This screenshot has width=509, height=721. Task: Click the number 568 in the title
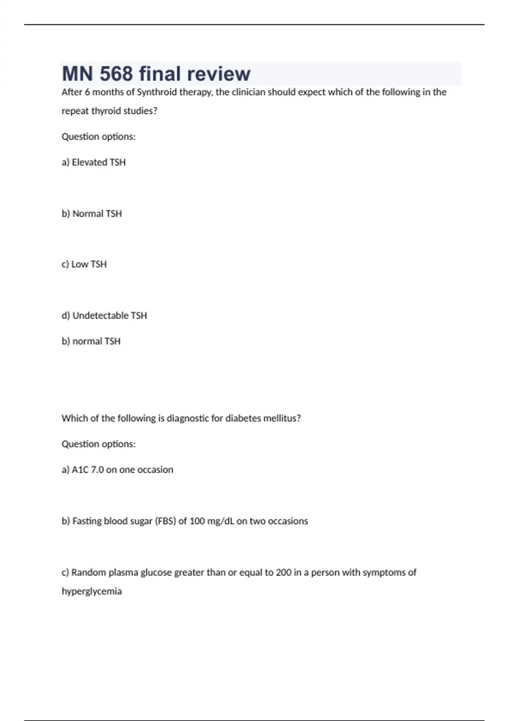pyautogui.click(x=116, y=74)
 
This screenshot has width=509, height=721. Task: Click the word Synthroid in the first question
pyautogui.click(x=156, y=92)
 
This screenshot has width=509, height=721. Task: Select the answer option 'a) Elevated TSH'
pyautogui.click(x=94, y=162)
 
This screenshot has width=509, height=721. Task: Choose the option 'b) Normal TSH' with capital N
pyautogui.click(x=92, y=213)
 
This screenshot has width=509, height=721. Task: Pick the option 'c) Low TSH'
pyautogui.click(x=84, y=264)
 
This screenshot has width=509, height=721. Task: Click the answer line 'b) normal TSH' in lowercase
pyautogui.click(x=91, y=341)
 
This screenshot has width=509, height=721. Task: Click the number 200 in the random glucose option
pyautogui.click(x=283, y=572)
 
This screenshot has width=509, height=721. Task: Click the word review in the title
pyautogui.click(x=218, y=74)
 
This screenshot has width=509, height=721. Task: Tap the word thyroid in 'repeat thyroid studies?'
pyautogui.click(x=106, y=111)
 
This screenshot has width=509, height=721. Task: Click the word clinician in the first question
pyautogui.click(x=248, y=92)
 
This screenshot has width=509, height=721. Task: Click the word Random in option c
pyautogui.click(x=89, y=572)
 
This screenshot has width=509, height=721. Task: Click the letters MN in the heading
pyautogui.click(x=77, y=74)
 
